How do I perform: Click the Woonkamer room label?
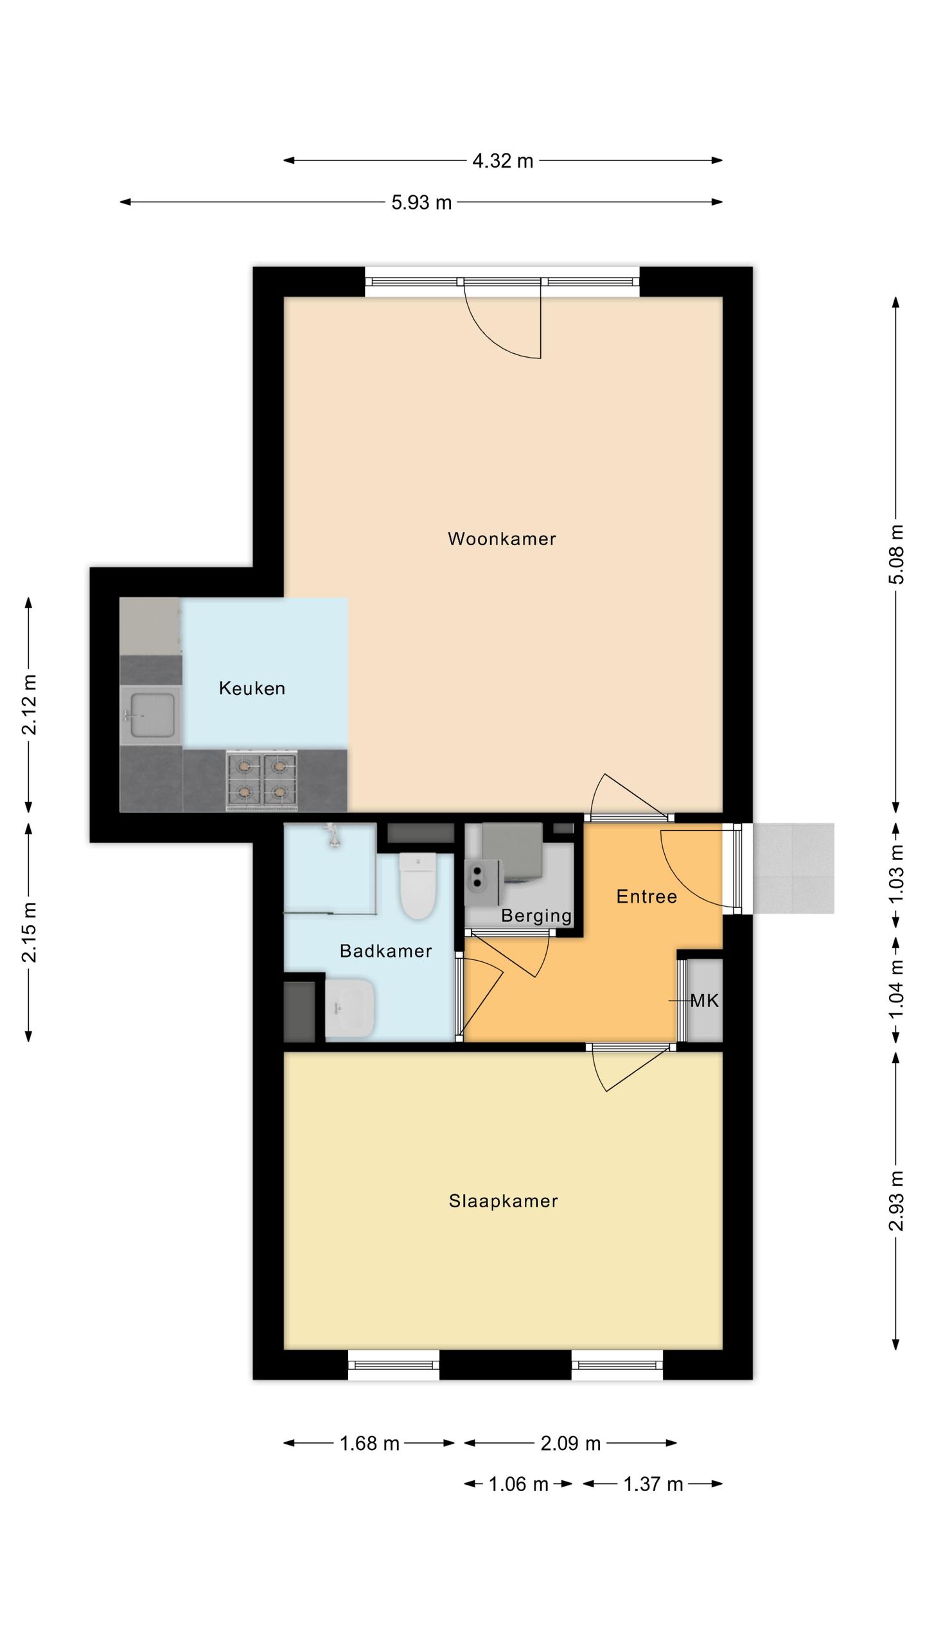[x=502, y=539]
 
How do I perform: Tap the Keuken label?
[x=252, y=688]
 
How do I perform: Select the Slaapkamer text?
[x=503, y=1201]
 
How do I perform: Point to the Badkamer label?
[x=385, y=951]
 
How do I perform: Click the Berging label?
[x=536, y=916]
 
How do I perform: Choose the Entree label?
[x=646, y=896]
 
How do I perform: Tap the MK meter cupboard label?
[x=704, y=1001]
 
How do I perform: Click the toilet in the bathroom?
[x=418, y=885]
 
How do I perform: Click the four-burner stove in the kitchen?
[x=261, y=780]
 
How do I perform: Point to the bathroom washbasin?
[x=349, y=1008]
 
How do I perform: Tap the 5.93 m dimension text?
[x=421, y=203]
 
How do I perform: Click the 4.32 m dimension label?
[x=503, y=161]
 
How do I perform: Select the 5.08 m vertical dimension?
[x=896, y=554]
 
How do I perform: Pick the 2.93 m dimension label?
[x=896, y=1201]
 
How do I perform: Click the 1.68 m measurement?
[x=369, y=1444]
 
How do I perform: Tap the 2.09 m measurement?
[x=570, y=1444]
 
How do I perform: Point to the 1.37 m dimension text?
[x=653, y=1484]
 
